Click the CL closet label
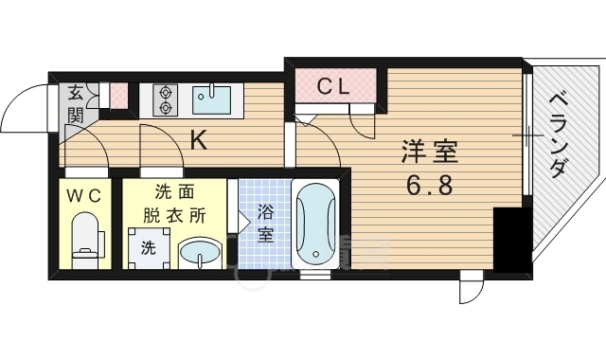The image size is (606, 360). [x=332, y=86]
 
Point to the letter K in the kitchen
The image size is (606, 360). [x=199, y=140]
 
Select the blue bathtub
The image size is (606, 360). [x=313, y=225]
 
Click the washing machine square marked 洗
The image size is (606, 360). [x=149, y=248]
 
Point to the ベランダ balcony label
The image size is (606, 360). [x=558, y=133]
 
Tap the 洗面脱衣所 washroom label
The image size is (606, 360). [x=174, y=203]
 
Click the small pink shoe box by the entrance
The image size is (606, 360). [x=117, y=96]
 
